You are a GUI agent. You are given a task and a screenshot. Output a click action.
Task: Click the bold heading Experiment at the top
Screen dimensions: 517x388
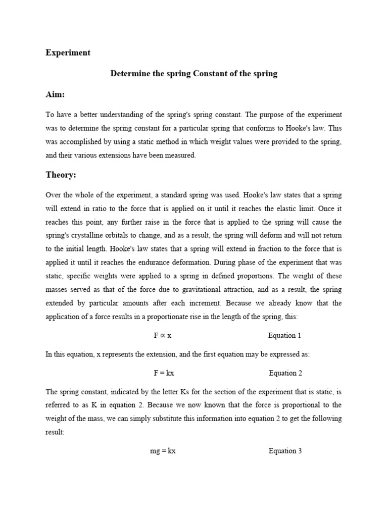point(68,53)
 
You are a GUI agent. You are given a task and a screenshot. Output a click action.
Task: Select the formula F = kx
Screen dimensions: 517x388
point(164,373)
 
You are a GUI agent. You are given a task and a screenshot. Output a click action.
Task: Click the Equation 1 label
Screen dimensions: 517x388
point(285,335)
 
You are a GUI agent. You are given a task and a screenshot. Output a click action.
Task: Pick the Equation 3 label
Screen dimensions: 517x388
point(285,451)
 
